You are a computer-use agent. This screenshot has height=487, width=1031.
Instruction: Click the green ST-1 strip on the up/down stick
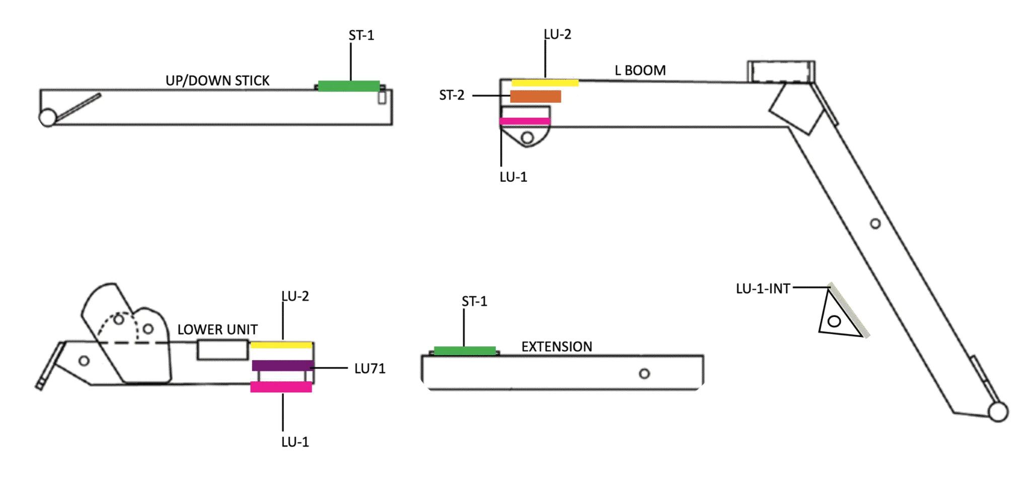coord(348,86)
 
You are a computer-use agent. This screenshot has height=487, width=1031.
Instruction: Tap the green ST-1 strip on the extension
coord(465,351)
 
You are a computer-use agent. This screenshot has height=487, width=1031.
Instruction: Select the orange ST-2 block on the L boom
coord(536,97)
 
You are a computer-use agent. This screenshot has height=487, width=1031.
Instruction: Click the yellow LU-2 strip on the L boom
coord(545,83)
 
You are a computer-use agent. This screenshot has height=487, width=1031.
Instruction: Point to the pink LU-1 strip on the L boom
coord(525,121)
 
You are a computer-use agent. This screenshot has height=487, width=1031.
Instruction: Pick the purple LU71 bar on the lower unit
coord(282,366)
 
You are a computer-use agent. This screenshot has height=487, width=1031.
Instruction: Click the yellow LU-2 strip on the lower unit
coord(281,345)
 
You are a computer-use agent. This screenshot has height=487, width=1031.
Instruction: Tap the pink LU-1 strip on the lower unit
coord(281,387)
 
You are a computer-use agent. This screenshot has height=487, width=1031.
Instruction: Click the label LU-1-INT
coord(763,289)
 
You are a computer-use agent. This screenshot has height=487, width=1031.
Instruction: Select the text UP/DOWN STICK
coord(217,80)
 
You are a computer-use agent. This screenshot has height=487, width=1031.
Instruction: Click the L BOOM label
coord(640,70)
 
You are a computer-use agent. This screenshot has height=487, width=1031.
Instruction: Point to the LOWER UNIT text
coord(217,330)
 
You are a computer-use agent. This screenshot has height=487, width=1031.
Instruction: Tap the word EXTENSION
coord(556,347)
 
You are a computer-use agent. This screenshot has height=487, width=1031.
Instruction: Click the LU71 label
coord(370,368)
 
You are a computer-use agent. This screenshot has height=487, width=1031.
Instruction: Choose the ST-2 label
coord(452,95)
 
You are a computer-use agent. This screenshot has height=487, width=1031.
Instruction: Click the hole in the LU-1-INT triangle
coord(834,321)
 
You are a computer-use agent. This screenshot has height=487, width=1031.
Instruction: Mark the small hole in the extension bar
coord(644,373)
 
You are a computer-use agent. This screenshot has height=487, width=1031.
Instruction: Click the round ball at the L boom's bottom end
coord(998,412)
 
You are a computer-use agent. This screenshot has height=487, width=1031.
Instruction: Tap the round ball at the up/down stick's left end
coord(48,118)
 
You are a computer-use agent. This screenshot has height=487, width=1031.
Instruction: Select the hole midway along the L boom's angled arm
coord(875,223)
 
